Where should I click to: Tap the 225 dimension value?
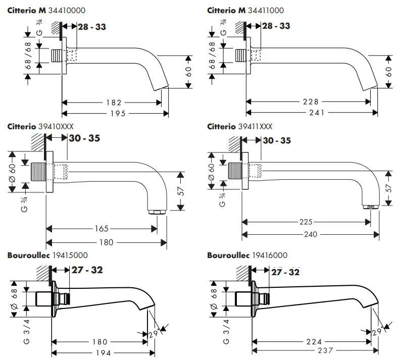pyautogui.click(x=307, y=222)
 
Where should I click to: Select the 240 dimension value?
pyautogui.click(x=311, y=234)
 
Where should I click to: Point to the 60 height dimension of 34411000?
pyautogui.click(x=389, y=72)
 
